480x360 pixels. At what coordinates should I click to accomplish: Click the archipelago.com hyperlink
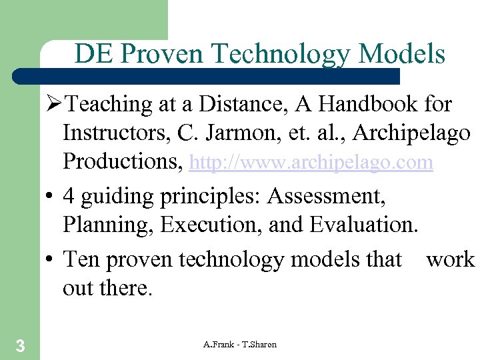(x=311, y=163)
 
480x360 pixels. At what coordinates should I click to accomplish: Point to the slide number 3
(x=21, y=345)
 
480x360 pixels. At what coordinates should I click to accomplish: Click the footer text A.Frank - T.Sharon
(x=240, y=344)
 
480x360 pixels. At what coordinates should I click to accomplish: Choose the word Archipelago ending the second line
(x=411, y=133)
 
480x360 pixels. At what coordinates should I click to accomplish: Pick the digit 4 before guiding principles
(x=69, y=197)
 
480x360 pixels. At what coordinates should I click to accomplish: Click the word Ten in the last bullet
(x=79, y=259)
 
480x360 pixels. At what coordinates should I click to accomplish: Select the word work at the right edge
(x=451, y=259)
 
